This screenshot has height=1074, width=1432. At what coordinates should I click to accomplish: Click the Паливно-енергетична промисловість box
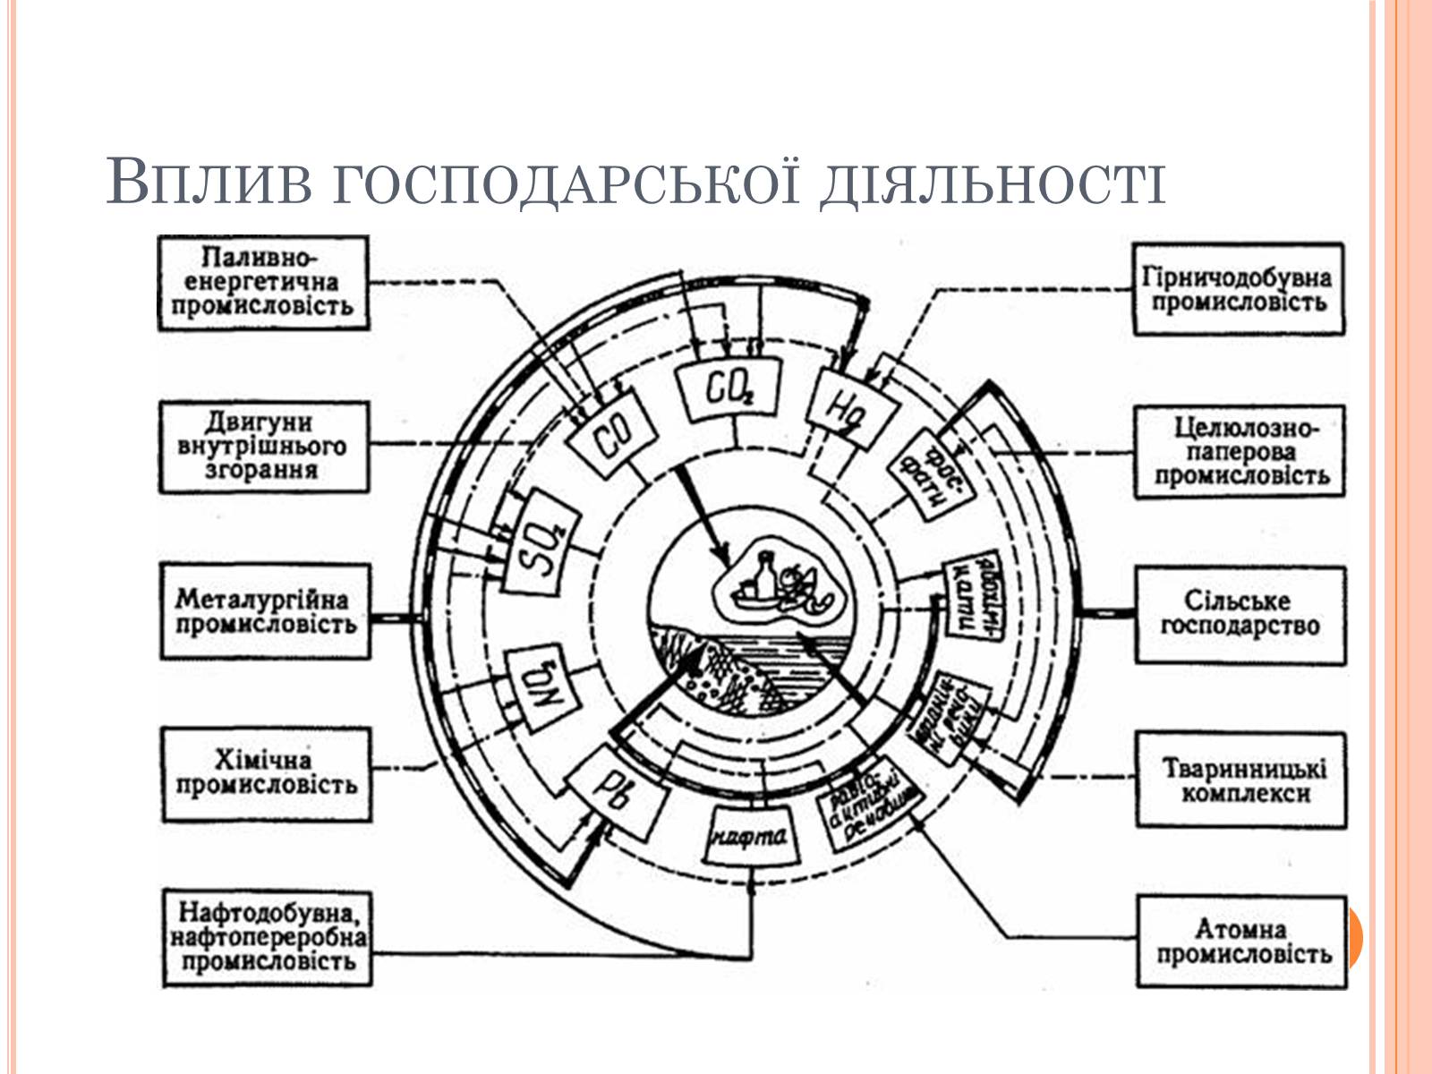(263, 283)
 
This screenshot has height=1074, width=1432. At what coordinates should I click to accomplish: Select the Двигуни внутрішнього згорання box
(263, 447)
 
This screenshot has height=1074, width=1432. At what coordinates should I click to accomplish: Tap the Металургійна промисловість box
(265, 611)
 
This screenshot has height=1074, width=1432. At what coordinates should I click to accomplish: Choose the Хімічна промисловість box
(265, 774)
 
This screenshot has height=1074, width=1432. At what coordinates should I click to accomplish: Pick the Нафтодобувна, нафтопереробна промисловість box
(267, 938)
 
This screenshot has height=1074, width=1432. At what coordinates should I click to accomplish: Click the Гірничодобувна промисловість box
(1239, 288)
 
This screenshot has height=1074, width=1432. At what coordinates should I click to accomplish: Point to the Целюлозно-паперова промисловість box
(1240, 452)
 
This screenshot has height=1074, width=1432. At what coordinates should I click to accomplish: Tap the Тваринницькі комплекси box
(1240, 780)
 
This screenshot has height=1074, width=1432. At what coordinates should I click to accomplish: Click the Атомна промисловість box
(1241, 942)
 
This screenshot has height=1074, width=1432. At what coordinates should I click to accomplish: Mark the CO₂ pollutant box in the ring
(729, 388)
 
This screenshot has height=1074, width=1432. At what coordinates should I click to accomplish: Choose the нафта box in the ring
(749, 838)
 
